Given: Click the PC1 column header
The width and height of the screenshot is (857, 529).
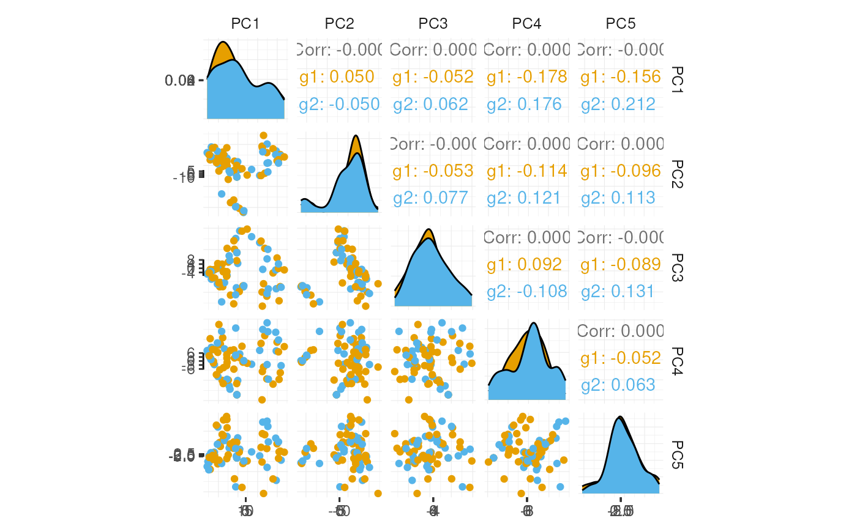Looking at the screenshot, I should tap(245, 24).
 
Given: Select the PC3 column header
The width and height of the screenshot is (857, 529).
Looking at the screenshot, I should tap(433, 24).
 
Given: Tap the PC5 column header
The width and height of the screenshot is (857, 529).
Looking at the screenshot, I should tap(620, 24).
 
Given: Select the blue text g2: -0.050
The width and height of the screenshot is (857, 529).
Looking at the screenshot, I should tap(339, 105).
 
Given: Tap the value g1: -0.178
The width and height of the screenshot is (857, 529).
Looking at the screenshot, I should tap(527, 77).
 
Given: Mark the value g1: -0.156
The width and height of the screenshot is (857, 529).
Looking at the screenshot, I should tap(621, 77).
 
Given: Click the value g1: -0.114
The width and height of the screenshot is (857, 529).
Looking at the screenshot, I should tap(527, 171).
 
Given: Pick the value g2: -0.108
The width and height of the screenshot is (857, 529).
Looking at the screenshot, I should tap(527, 292).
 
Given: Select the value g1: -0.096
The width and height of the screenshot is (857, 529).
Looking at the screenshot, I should tap(621, 171).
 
